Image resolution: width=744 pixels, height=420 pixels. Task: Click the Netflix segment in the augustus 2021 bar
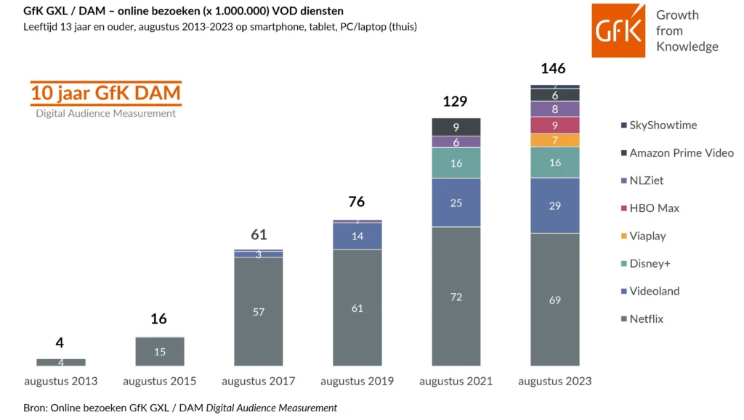tap(456, 297)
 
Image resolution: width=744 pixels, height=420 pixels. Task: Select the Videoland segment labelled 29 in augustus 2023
tap(554, 206)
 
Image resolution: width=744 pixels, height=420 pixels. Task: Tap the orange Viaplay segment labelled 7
tap(554, 140)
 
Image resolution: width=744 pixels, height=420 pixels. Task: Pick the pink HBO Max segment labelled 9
tap(554, 125)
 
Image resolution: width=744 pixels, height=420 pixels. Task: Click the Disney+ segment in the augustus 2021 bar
tap(456, 163)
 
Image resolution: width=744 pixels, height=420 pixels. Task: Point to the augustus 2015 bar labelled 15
tap(159, 352)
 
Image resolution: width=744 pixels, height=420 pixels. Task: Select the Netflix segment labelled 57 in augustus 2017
tap(258, 311)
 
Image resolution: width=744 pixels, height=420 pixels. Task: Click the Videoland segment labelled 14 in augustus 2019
tap(357, 236)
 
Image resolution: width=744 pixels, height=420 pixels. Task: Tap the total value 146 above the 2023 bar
tap(553, 69)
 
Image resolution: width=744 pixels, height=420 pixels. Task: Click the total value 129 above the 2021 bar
tap(455, 102)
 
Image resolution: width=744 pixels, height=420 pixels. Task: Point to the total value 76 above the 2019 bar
tap(356, 202)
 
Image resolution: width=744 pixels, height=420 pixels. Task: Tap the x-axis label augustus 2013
tap(60, 381)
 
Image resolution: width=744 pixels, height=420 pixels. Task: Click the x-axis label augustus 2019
tap(357, 381)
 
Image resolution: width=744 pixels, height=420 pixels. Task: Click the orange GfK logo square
tap(618, 30)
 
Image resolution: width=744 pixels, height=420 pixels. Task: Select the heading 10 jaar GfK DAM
tap(106, 94)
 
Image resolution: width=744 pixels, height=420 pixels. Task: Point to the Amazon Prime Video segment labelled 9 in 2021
tap(456, 127)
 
